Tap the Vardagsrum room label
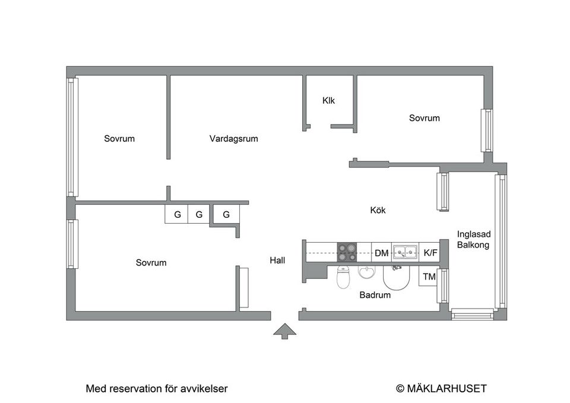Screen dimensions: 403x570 233,139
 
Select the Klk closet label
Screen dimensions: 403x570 328,100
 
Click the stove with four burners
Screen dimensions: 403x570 347,253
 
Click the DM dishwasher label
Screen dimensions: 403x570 381,253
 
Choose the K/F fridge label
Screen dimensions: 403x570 430,253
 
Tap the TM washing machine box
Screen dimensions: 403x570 429,277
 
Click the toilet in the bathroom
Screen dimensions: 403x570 344,277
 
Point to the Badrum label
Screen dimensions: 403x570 375,295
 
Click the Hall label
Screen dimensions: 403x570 277,260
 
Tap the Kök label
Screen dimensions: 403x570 378,210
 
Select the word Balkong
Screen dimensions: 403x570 473,245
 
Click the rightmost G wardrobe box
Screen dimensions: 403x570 226,214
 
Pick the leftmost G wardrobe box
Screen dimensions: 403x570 176,214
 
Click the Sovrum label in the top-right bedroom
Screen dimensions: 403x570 425,118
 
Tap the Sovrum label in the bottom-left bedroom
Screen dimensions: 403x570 151,262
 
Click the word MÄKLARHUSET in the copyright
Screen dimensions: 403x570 446,389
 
